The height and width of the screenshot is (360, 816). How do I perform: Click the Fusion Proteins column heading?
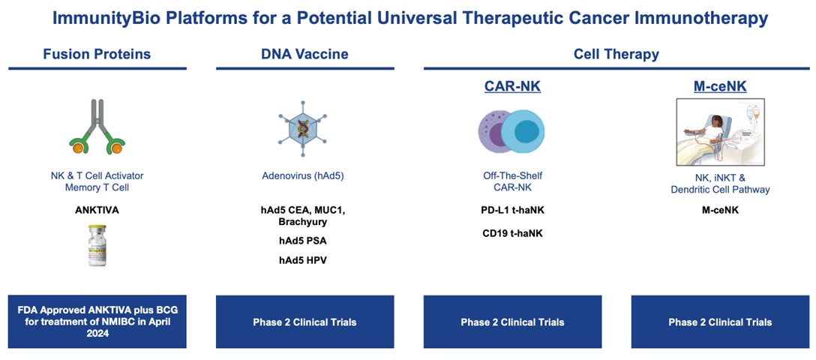click(x=97, y=54)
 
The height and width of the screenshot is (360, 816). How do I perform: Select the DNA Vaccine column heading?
click(x=304, y=54)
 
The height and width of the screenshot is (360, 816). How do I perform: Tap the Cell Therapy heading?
click(x=616, y=54)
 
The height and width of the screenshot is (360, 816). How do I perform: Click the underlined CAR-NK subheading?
click(x=512, y=87)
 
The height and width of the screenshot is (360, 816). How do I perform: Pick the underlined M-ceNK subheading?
click(x=720, y=87)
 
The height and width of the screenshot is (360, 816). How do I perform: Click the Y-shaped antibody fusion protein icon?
click(x=97, y=127)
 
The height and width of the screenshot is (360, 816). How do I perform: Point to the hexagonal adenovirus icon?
click(x=304, y=127)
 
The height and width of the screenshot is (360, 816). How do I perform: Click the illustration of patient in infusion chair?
click(x=720, y=132)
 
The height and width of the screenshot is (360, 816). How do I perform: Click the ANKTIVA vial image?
click(x=97, y=245)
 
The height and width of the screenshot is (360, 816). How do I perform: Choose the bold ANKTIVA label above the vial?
click(x=97, y=210)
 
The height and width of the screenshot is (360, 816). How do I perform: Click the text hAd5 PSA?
click(x=304, y=241)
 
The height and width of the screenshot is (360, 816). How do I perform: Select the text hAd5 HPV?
click(x=304, y=260)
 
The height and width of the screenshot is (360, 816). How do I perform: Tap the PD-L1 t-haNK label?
click(x=512, y=210)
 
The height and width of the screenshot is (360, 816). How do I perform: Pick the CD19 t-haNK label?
click(x=512, y=233)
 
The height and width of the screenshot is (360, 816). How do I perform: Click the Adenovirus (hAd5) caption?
click(x=304, y=176)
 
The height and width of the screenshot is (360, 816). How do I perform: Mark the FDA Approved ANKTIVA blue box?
click(x=97, y=322)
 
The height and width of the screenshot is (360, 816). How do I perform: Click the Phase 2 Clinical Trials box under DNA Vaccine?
click(x=304, y=322)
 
